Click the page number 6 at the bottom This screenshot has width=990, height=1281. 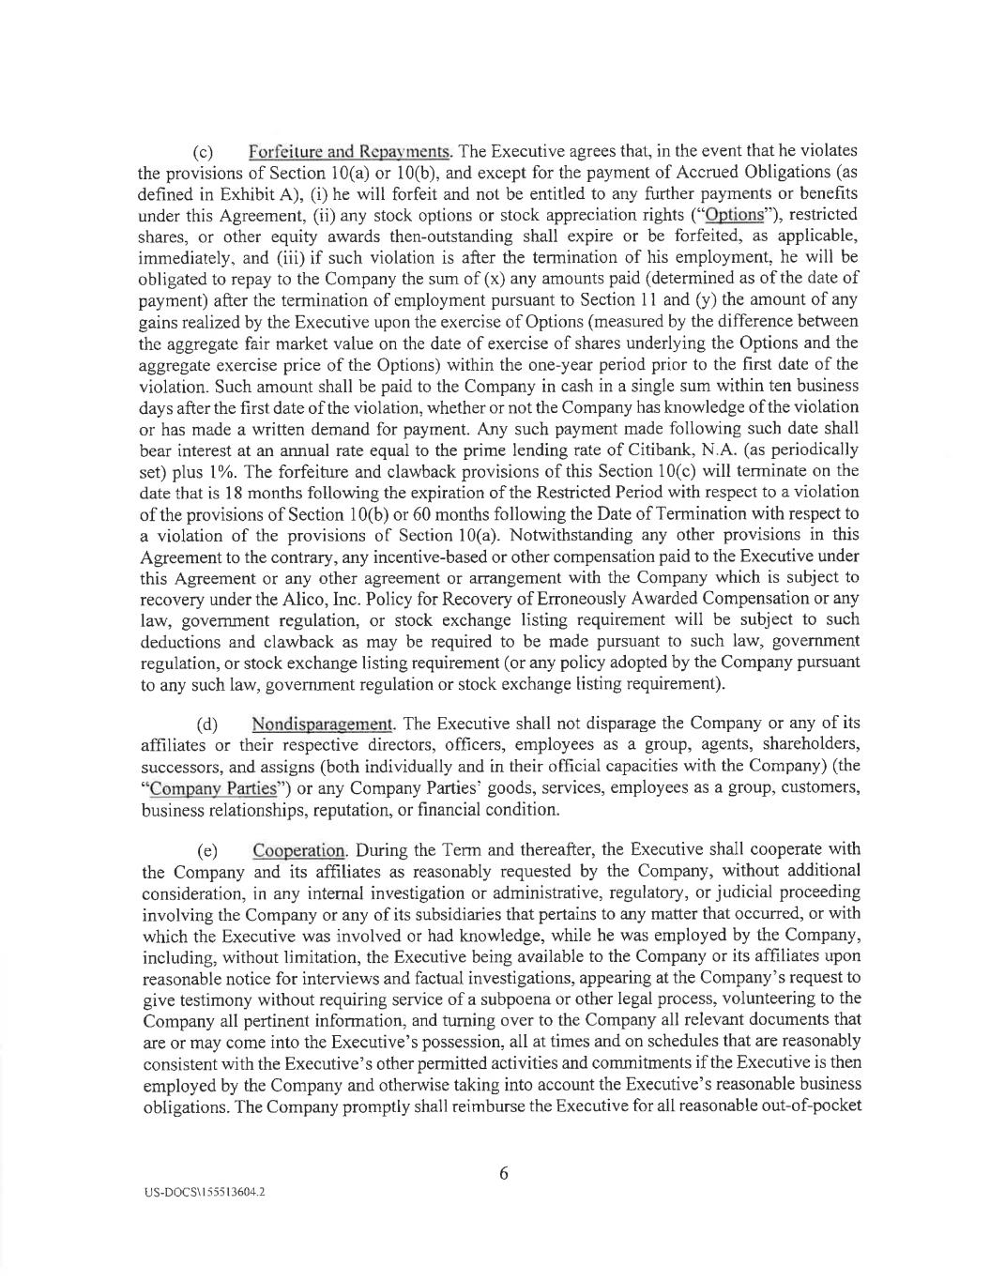pyautogui.click(x=503, y=1173)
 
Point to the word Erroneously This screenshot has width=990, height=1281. pyautogui.click(x=563, y=599)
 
